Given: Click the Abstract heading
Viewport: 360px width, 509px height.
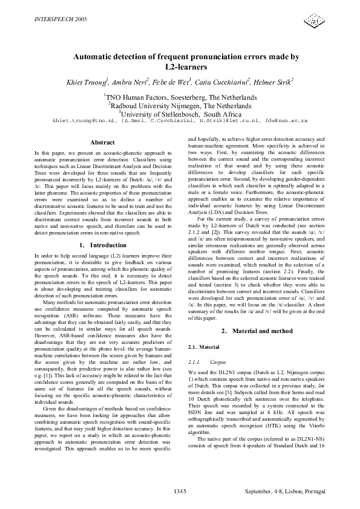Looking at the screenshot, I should point(102,142).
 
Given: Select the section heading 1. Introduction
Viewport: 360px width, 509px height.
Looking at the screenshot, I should point(102,245).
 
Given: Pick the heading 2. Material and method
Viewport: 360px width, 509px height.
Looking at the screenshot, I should point(257,331).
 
